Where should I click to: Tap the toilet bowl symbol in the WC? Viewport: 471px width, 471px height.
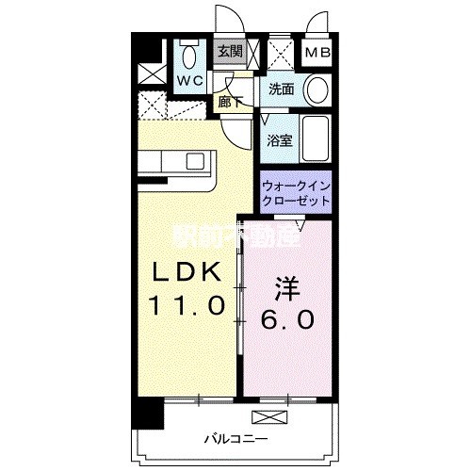point(188,52)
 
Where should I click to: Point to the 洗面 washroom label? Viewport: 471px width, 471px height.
point(282,90)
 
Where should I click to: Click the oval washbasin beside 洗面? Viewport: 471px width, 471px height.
point(317,90)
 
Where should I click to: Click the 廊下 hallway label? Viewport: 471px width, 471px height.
point(232,101)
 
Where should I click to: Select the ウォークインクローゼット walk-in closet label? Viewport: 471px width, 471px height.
point(296,193)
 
